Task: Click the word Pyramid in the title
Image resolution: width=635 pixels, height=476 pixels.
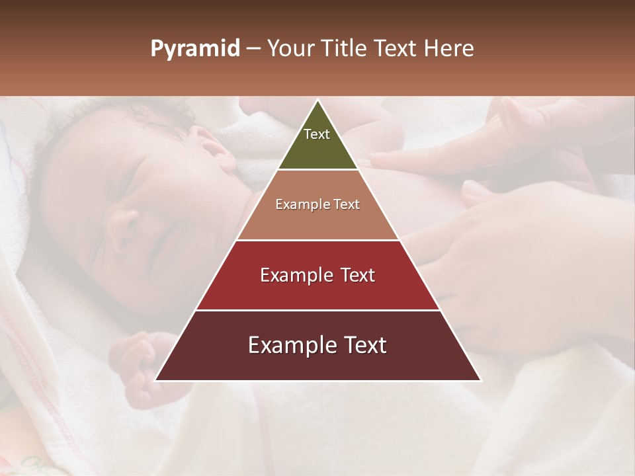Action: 194,49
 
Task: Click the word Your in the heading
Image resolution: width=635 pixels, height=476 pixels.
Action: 290,49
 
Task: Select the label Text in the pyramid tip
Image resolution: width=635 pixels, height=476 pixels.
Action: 317,134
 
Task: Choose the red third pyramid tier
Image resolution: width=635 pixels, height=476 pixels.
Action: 317,291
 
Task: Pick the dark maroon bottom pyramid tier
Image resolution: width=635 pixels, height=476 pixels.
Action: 317,364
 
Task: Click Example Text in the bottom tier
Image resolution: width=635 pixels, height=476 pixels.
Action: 317,345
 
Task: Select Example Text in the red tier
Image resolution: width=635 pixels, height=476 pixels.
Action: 317,275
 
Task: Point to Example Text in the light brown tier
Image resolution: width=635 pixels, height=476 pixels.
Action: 317,204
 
